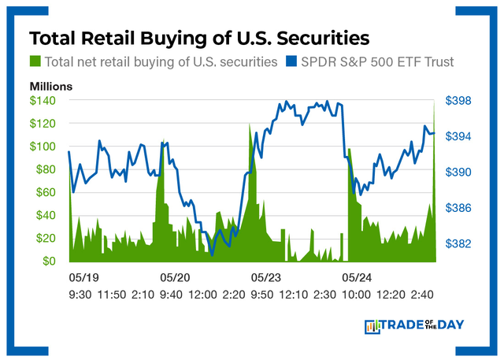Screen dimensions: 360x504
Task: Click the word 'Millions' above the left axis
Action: pos(52,86)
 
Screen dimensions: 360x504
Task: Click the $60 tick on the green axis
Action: pos(49,192)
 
